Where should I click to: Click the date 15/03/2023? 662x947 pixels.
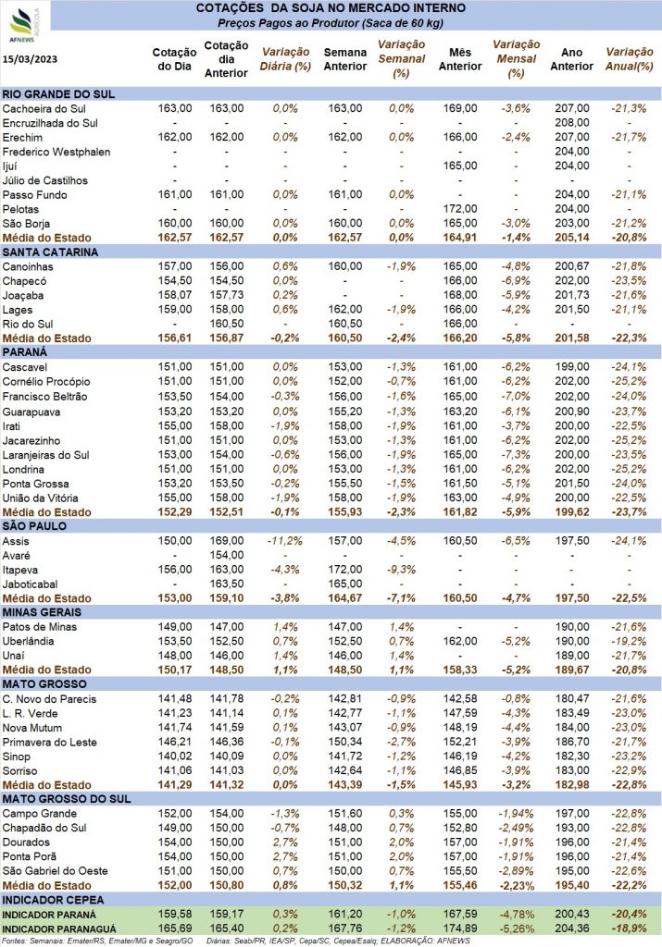point(31,58)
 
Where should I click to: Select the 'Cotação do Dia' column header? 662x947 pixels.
point(174,59)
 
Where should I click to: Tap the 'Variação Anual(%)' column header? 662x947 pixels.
point(630,59)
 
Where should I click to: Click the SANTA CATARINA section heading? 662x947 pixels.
point(50,252)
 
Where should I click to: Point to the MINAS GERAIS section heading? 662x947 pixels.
point(42,612)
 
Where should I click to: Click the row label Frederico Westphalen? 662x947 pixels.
point(56,152)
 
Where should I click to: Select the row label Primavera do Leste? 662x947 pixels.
point(50,743)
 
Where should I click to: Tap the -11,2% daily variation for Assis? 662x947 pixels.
point(285,540)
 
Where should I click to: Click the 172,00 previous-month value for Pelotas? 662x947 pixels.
point(460,209)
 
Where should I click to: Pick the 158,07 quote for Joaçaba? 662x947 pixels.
point(175,295)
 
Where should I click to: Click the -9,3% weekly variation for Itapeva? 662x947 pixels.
point(402,570)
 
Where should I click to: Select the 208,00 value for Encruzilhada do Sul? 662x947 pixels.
point(572,123)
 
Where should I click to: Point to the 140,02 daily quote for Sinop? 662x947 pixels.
point(175,756)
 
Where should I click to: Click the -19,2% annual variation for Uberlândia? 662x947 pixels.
point(629,642)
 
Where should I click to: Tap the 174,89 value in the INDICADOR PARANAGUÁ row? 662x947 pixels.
point(460,929)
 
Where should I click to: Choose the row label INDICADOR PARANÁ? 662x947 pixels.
point(49,915)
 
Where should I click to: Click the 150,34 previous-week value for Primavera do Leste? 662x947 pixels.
point(345,742)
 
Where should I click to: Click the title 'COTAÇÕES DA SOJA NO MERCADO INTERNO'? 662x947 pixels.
point(331,8)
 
